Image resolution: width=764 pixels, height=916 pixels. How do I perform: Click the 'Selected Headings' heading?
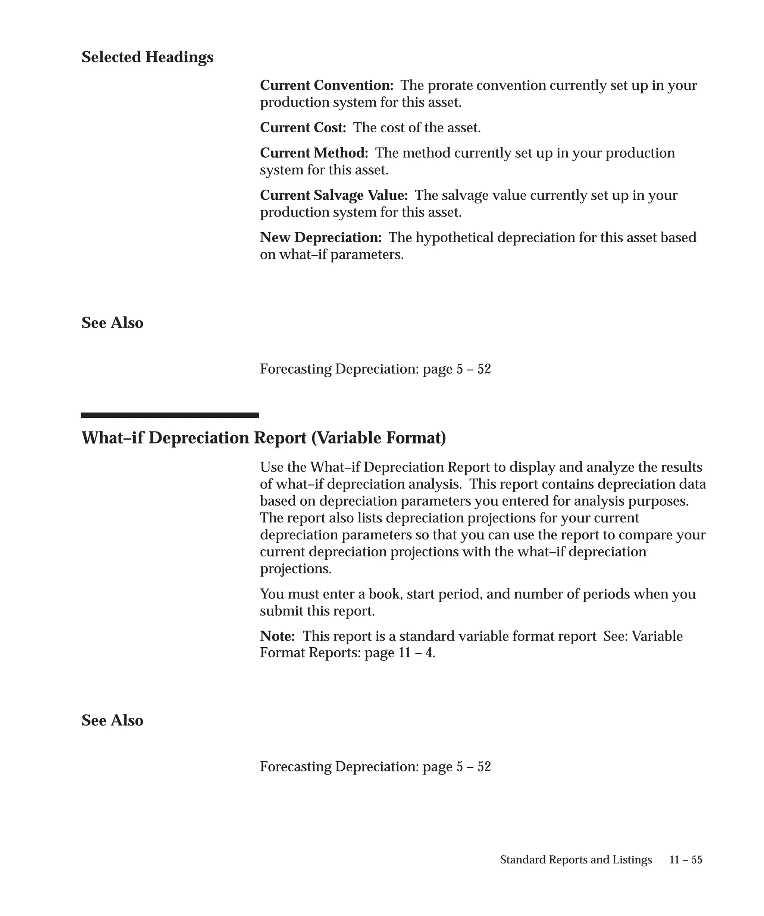coord(147,57)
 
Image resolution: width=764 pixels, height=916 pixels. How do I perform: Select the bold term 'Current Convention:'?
coord(326,85)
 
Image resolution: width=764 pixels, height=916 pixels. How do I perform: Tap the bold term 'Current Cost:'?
coord(303,128)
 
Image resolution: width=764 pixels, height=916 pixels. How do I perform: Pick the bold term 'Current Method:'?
coord(314,153)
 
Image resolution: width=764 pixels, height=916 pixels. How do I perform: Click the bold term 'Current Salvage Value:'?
coord(334,195)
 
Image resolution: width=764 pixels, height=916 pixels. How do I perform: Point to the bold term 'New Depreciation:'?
coord(320,238)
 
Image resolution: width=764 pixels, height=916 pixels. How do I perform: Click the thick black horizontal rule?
coord(170,415)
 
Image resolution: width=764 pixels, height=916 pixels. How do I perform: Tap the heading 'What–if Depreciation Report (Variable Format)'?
coord(264,438)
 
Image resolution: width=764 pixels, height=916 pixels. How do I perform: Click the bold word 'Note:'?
coord(277,637)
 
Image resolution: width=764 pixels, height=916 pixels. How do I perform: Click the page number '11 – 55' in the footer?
coord(685,860)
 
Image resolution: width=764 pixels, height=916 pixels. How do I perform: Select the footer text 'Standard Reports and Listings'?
coord(576,860)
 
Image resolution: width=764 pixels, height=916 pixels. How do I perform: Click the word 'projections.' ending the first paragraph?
coord(295,569)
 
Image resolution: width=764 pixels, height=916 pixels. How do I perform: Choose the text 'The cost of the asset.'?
coord(417,128)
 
